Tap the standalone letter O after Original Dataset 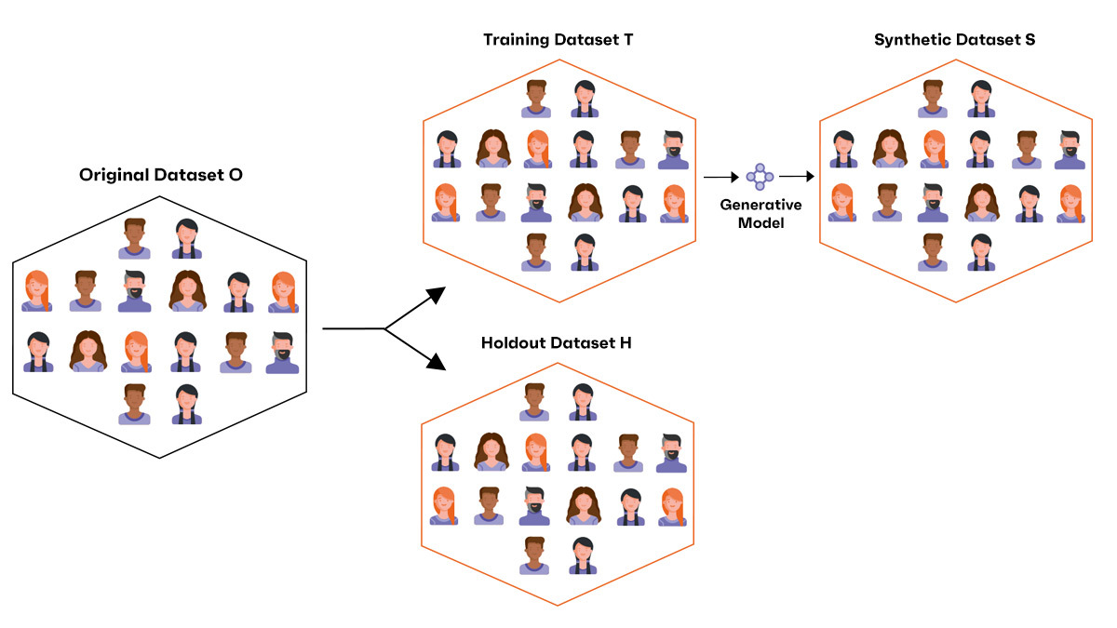point(236,174)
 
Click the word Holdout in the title point(513,343)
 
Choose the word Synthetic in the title point(909,40)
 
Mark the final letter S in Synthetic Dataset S point(1030,40)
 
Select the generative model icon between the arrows point(760,175)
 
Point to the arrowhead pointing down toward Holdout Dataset point(437,363)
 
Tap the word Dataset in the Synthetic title point(983,40)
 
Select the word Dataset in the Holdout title point(581,343)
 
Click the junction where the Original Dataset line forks point(385,328)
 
